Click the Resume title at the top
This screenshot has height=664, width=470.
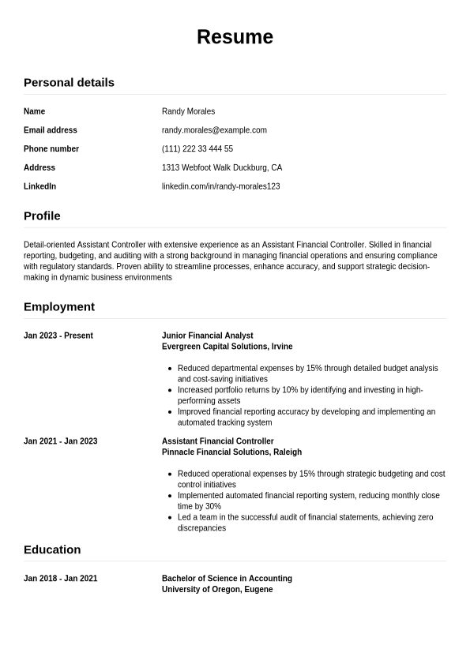coord(235,37)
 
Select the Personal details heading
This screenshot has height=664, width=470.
coord(69,82)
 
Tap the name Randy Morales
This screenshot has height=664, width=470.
coord(188,111)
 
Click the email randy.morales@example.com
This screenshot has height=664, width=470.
coord(214,130)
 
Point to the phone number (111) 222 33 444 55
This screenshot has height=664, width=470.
coord(197,148)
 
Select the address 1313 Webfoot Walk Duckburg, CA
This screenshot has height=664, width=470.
coord(222,167)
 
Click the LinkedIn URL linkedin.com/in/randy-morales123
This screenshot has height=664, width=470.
coord(221,186)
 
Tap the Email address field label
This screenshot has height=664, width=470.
coord(51,130)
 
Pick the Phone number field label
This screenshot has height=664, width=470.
coord(51,148)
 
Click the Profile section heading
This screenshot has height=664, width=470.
coord(42,216)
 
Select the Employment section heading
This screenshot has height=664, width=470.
coord(59,306)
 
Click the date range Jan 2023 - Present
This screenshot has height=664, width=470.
coord(58,336)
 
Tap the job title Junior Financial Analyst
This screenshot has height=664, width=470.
coord(208,336)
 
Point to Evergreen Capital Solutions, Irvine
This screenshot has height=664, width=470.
coord(227,347)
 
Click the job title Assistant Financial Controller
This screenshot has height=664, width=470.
coord(218,441)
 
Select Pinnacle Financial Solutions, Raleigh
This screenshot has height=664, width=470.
coord(231,452)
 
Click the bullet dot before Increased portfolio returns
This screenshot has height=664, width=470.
coord(171,390)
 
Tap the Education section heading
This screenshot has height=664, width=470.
coord(52,550)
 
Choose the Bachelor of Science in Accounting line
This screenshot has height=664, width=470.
coord(227,579)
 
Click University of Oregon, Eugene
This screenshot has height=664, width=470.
coord(217,590)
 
